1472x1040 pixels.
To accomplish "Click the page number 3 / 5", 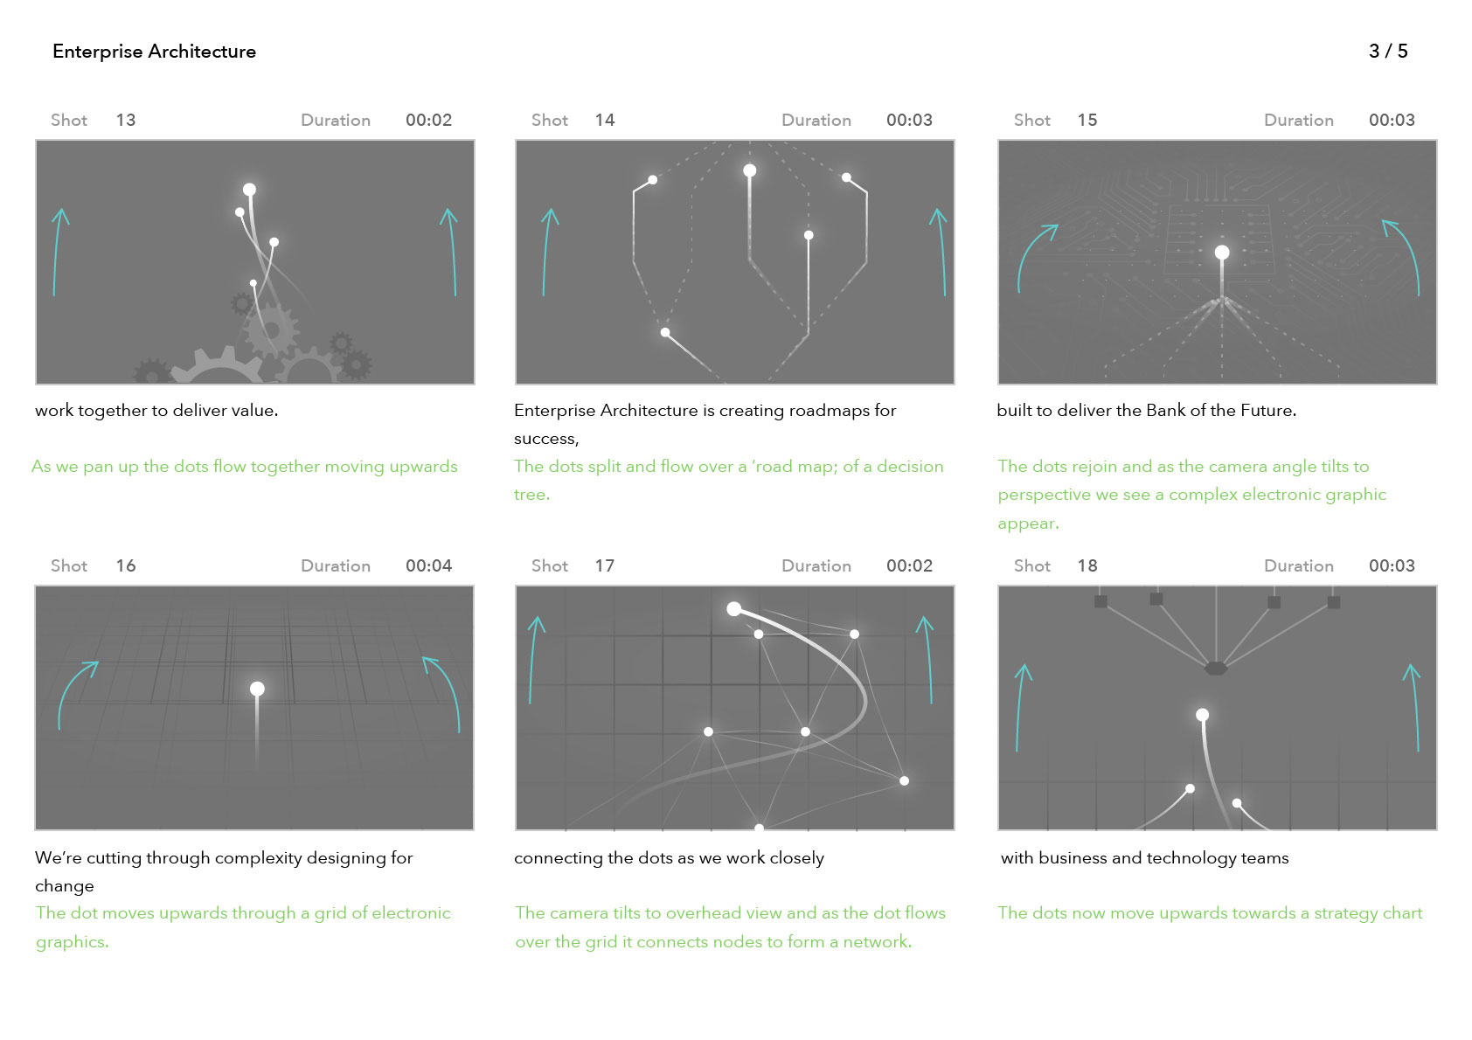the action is click(1388, 52).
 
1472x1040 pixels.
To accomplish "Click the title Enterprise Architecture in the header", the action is click(155, 52).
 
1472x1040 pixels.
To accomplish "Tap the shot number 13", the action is click(126, 121).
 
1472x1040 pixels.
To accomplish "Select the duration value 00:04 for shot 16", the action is click(428, 565).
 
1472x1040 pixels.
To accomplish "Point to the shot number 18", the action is click(1087, 565).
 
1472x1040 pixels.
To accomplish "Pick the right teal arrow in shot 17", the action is click(927, 659).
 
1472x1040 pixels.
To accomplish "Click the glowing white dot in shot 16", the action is click(257, 689).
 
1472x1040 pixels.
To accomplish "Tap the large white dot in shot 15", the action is click(1222, 253).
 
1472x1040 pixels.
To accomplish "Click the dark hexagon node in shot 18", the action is click(1216, 669).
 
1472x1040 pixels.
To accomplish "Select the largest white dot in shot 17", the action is click(734, 609).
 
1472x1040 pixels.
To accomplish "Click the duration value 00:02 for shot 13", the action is click(428, 121).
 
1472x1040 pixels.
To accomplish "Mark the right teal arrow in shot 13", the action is click(450, 252).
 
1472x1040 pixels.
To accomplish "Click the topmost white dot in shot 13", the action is click(249, 190).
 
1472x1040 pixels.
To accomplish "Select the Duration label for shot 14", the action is click(816, 121).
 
